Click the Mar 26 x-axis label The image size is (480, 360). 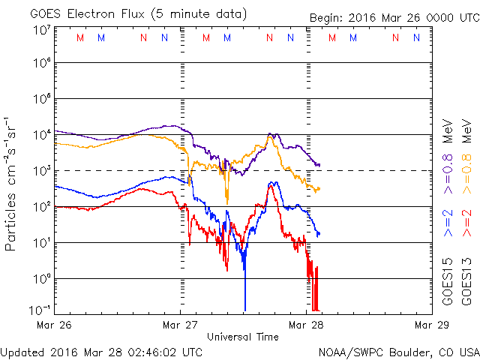coord(55,325)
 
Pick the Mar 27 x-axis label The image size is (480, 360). coord(180,325)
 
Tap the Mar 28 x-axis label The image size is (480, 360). coord(305,325)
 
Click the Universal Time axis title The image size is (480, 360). coord(243,337)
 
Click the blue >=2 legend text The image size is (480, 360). coord(448,223)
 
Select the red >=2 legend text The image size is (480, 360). coord(466,223)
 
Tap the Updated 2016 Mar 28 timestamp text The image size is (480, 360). coord(101,351)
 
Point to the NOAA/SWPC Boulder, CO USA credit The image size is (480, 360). coord(398,351)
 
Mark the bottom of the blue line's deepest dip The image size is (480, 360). coord(244,309)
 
